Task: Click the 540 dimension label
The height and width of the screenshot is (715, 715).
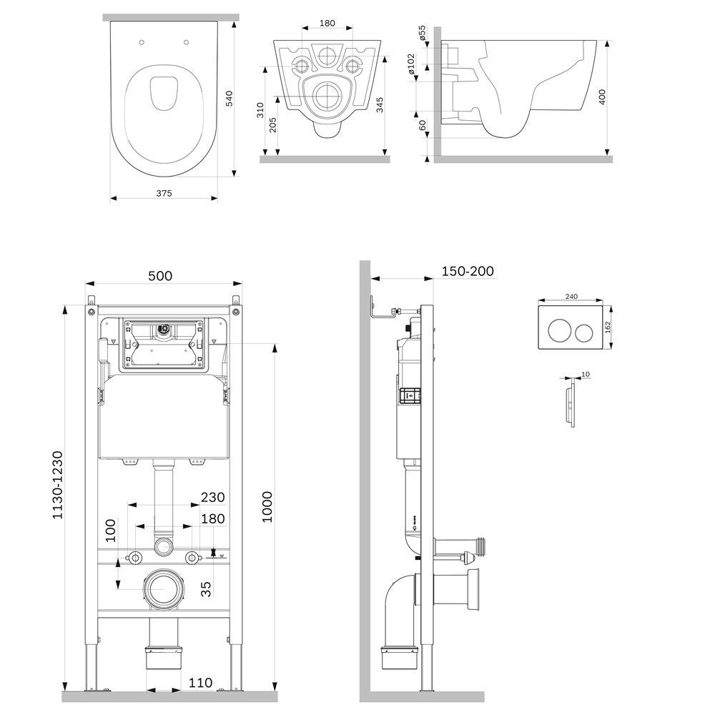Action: coord(230,99)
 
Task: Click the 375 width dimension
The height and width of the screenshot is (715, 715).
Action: coord(164,193)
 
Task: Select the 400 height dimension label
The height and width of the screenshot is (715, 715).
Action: coord(602,97)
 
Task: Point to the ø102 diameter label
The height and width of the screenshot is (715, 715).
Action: coord(411,64)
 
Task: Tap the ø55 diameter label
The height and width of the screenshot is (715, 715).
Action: coord(423,34)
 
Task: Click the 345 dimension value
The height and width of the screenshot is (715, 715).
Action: coord(380,105)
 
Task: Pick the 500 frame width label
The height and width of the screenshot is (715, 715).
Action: coord(160,276)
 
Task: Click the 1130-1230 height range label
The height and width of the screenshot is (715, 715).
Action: coord(57,485)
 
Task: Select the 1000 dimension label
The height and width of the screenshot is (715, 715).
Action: coord(267,507)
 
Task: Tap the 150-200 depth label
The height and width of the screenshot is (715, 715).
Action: coord(468,271)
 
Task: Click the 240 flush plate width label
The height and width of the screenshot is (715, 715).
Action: coord(571,297)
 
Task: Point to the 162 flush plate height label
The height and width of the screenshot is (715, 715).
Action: coord(607,327)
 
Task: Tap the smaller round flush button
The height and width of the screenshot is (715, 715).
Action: coord(583,333)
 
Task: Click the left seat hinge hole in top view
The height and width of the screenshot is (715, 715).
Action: coord(142,42)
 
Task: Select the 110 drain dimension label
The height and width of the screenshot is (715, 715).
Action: coord(201,683)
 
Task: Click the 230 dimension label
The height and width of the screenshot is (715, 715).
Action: coord(213,497)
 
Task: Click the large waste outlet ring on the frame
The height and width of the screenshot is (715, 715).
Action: coord(164,589)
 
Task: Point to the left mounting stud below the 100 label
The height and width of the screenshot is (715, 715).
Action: coord(135,558)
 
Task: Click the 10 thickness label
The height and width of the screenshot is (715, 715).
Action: coord(586,375)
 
